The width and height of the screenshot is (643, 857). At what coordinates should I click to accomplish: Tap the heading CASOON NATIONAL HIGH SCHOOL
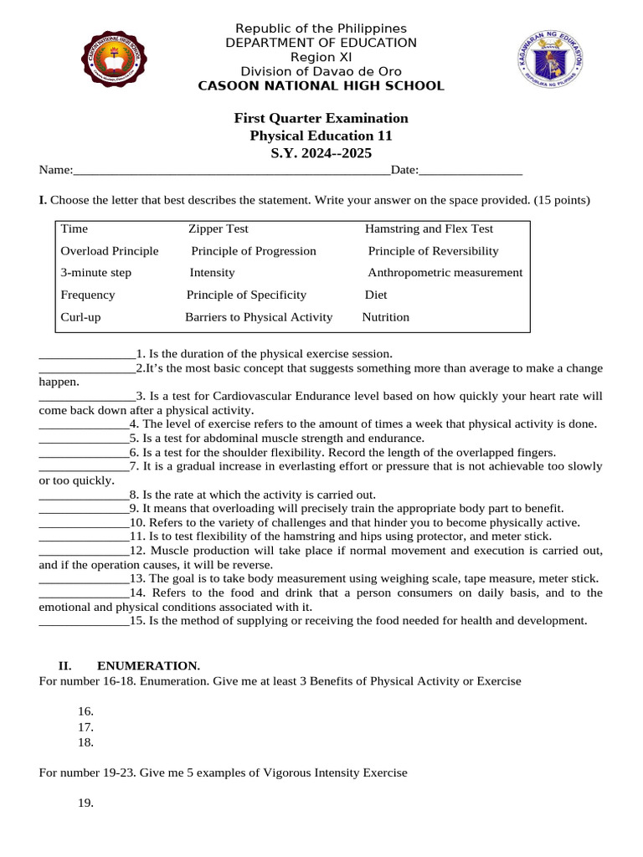[321, 86]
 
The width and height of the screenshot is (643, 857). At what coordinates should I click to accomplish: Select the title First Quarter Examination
[321, 118]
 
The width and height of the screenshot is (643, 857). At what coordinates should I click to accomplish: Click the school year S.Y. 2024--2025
[321, 153]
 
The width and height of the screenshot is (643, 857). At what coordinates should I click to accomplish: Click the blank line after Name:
[232, 172]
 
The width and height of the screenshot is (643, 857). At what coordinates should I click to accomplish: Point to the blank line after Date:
[470, 172]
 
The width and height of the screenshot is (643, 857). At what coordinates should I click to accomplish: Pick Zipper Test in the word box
[218, 228]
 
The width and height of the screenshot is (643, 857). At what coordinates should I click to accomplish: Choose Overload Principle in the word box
[109, 251]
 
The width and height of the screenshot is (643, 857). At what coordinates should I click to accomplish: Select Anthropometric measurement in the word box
[445, 273]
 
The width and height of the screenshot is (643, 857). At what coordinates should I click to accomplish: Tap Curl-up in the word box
[80, 317]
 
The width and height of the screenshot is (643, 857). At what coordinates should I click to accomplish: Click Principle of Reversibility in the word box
[433, 251]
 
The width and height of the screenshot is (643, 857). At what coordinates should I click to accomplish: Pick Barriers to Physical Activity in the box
[258, 317]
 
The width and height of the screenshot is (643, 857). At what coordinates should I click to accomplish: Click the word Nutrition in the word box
[385, 317]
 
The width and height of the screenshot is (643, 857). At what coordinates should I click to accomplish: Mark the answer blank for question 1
[87, 356]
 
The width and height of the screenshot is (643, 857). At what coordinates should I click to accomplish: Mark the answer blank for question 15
[84, 623]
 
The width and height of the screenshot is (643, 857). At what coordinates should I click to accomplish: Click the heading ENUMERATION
[148, 666]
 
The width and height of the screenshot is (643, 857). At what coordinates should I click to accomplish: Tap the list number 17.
[85, 727]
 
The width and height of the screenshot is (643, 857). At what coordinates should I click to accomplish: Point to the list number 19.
[85, 803]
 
